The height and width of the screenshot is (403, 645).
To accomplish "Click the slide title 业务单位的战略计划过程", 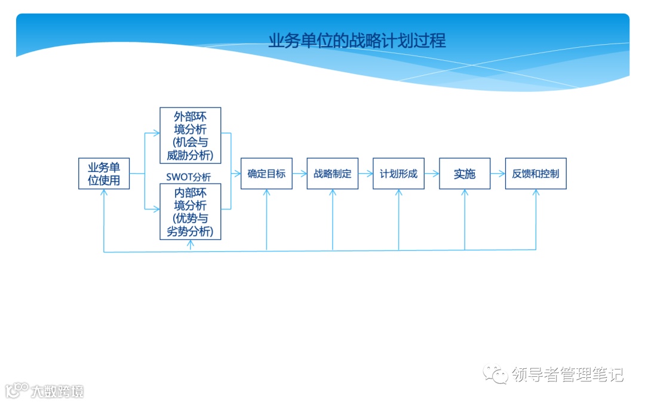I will click(357, 41).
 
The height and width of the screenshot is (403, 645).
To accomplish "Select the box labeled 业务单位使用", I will click(104, 174).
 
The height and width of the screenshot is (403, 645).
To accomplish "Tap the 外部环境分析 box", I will click(191, 136).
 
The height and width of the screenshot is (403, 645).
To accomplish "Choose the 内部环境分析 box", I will click(191, 211).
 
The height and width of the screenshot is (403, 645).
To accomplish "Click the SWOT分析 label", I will click(189, 177).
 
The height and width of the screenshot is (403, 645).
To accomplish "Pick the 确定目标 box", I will click(266, 174).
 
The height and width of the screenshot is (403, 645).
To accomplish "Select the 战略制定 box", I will click(333, 174).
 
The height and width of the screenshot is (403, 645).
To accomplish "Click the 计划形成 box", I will click(398, 174).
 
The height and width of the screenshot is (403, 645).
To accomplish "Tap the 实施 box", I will click(465, 174).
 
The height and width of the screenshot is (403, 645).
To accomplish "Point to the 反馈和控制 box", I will click(536, 174).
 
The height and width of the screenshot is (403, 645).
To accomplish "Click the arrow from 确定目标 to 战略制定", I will click(300, 174).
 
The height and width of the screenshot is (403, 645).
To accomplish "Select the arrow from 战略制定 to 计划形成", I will click(365, 174).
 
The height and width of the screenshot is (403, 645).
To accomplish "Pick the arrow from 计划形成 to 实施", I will click(432, 174).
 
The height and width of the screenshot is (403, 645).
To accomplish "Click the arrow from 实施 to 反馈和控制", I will click(497, 174).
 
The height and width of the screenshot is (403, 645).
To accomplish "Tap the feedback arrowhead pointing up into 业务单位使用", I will click(105, 193).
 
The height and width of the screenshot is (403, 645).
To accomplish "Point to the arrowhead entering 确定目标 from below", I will click(266, 193).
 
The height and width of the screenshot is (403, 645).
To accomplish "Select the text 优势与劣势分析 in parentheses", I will click(191, 225).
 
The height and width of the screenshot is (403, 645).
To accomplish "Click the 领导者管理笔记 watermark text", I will click(567, 375).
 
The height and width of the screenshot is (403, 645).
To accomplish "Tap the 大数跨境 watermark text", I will click(57, 392).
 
